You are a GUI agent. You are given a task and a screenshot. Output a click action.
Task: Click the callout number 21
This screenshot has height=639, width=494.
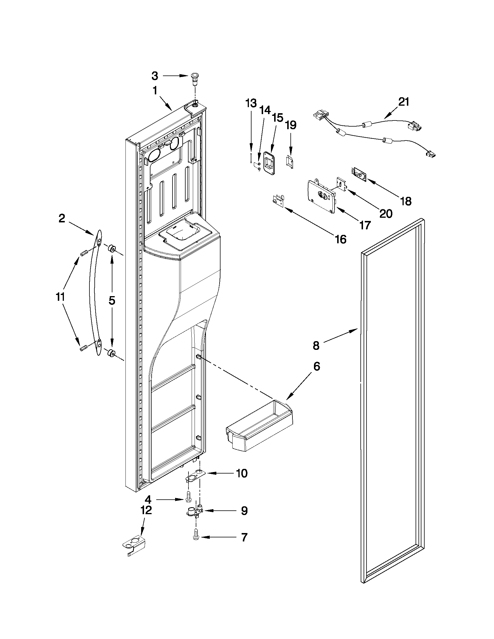(404, 102)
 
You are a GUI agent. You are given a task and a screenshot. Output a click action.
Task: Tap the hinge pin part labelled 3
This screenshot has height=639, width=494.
(194, 78)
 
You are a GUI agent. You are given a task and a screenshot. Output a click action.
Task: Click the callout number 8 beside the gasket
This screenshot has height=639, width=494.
(316, 345)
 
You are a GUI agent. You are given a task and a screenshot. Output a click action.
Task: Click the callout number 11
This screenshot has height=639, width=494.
(60, 297)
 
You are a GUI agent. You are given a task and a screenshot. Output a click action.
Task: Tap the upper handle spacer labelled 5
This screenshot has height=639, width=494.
(112, 249)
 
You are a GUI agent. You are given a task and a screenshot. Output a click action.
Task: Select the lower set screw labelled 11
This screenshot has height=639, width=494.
(84, 348)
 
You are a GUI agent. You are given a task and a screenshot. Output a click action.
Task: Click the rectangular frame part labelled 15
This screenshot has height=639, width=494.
(270, 164)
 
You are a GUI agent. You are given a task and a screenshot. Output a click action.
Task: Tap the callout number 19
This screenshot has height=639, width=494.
(291, 125)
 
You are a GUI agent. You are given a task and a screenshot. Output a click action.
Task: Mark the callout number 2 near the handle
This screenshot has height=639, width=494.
(62, 218)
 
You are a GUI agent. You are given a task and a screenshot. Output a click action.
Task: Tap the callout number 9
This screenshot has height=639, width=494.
(244, 511)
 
